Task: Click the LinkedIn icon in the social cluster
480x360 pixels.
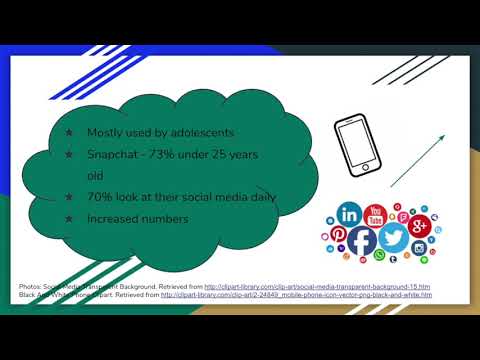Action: (x=350, y=213)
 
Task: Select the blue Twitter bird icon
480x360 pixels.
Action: (x=393, y=238)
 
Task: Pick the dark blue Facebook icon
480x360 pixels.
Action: (x=362, y=241)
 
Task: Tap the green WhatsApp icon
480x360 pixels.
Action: (x=379, y=256)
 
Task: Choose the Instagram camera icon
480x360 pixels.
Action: (x=419, y=248)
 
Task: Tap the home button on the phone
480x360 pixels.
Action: (x=365, y=166)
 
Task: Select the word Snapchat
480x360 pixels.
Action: (x=112, y=154)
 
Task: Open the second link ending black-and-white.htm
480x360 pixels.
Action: (x=296, y=295)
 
